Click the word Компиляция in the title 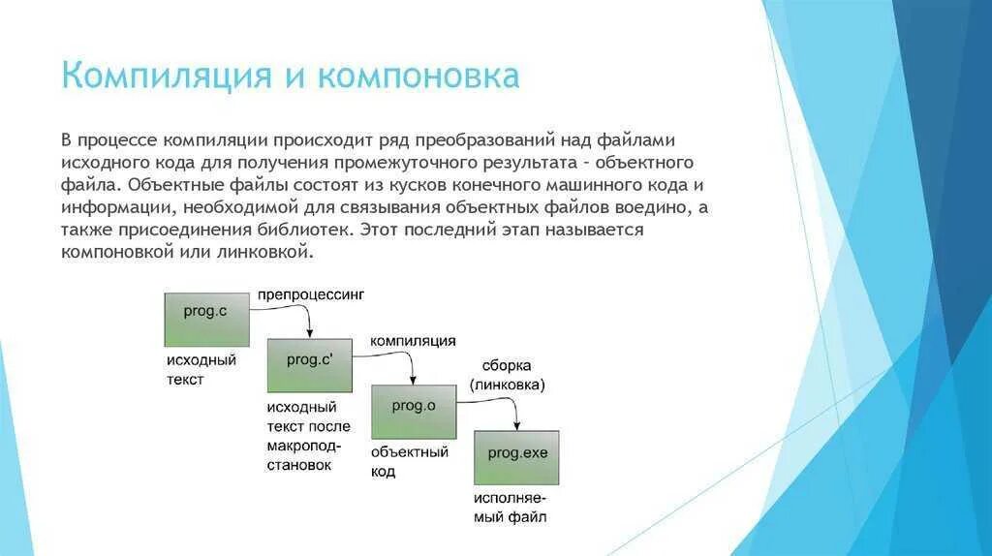pyautogui.click(x=166, y=76)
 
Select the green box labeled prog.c pyautogui.click(x=206, y=319)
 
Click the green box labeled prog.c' pyautogui.click(x=310, y=365)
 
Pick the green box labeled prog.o pyautogui.click(x=414, y=413)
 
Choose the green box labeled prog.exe pyautogui.click(x=515, y=457)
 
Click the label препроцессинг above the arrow pyautogui.click(x=310, y=293)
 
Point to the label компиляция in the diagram pyautogui.click(x=413, y=341)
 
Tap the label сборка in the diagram pyautogui.click(x=507, y=365)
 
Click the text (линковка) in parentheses pyautogui.click(x=508, y=385)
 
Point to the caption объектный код pyautogui.click(x=410, y=461)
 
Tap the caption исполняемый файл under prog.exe pyautogui.click(x=510, y=508)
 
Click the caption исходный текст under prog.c pyautogui.click(x=201, y=369)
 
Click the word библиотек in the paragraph pyautogui.click(x=310, y=232)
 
